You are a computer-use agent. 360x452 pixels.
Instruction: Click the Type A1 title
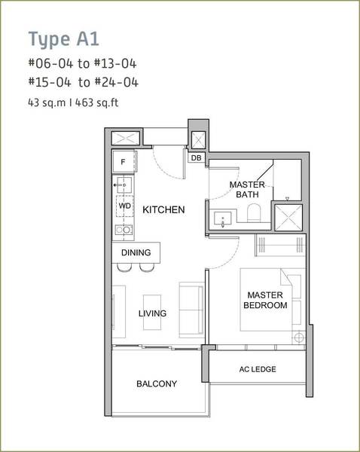click(64, 39)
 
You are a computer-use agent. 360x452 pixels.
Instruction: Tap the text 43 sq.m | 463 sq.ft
click(73, 102)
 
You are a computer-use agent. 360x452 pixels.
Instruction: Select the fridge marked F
click(124, 161)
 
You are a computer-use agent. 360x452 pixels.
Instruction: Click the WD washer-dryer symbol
click(125, 206)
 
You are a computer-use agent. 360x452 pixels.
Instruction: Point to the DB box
click(197, 157)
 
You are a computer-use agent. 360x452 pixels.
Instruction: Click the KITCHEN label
click(163, 209)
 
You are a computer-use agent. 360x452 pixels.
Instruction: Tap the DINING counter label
click(136, 252)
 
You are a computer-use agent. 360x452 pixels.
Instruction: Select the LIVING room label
click(152, 313)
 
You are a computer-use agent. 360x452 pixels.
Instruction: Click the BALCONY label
click(157, 383)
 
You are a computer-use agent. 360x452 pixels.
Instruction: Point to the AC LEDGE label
click(258, 369)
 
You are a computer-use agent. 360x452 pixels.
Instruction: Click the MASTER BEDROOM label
click(265, 300)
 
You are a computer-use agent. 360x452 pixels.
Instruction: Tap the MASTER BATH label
click(247, 189)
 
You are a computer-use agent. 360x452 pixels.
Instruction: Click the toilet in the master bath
click(254, 212)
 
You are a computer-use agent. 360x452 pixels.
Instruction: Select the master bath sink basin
click(222, 218)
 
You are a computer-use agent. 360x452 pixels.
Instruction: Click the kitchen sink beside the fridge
click(124, 185)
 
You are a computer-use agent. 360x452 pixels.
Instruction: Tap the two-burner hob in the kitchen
click(124, 230)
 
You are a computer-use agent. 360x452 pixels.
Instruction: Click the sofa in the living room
click(191, 310)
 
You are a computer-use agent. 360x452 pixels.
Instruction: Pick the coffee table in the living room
click(152, 312)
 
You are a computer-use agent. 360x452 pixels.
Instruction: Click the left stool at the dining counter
click(124, 267)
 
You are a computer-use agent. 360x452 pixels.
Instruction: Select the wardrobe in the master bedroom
click(280, 245)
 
